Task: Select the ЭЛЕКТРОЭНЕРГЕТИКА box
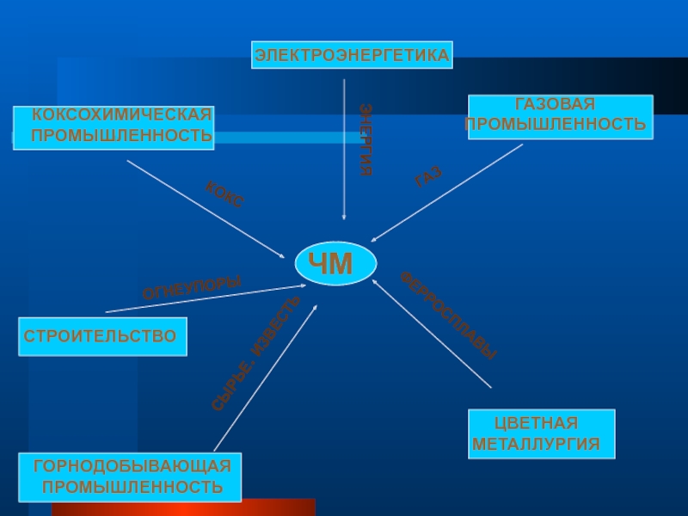352,55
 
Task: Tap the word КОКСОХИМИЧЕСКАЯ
121,115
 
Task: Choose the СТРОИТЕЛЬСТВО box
101,335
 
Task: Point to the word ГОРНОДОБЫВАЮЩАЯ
132,466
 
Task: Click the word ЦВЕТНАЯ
536,423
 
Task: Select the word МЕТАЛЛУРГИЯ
536,445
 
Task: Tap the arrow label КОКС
224,195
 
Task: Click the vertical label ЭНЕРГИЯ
365,139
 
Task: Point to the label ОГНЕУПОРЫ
192,287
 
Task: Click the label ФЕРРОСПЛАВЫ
448,315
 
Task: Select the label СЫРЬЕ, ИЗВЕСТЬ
255,353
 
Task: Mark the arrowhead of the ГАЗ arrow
373,241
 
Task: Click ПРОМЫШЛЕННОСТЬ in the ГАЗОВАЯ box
556,125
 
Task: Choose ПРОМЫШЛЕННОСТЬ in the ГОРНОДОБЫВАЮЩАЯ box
133,487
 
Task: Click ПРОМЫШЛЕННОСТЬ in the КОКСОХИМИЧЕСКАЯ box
121,136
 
